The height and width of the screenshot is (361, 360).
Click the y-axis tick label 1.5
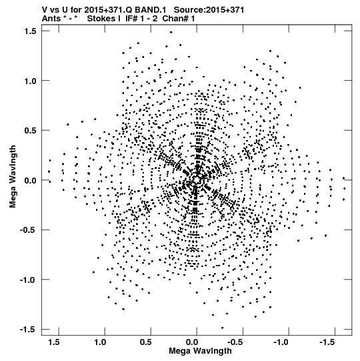point(31,31)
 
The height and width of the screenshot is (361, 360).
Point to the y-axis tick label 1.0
point(31,81)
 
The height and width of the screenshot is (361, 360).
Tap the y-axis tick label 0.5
point(31,131)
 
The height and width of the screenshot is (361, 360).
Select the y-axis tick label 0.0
point(31,180)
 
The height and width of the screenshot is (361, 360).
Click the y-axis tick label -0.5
point(28,230)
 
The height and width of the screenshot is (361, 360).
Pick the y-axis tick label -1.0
point(28,280)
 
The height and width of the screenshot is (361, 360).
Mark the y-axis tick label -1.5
point(28,330)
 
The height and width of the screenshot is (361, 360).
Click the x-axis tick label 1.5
point(54,342)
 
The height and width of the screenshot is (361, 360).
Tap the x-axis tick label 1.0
point(100,342)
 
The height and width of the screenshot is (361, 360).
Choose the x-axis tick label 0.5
point(146,342)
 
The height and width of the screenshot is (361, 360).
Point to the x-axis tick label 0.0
point(192,342)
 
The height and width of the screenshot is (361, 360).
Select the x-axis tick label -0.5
point(236,342)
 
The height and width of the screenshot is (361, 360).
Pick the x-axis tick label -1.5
point(327,342)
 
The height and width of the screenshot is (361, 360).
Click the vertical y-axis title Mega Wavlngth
point(13,177)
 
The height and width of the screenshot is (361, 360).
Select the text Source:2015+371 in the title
point(209,10)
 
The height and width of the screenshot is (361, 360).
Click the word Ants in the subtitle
point(51,19)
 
